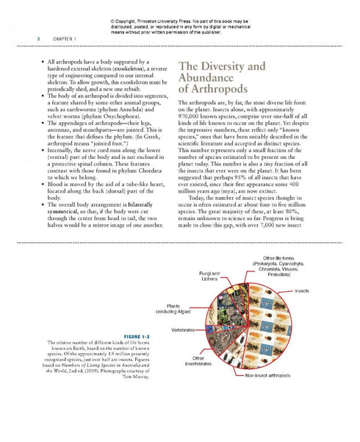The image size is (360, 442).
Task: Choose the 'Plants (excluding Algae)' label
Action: click(174, 309)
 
